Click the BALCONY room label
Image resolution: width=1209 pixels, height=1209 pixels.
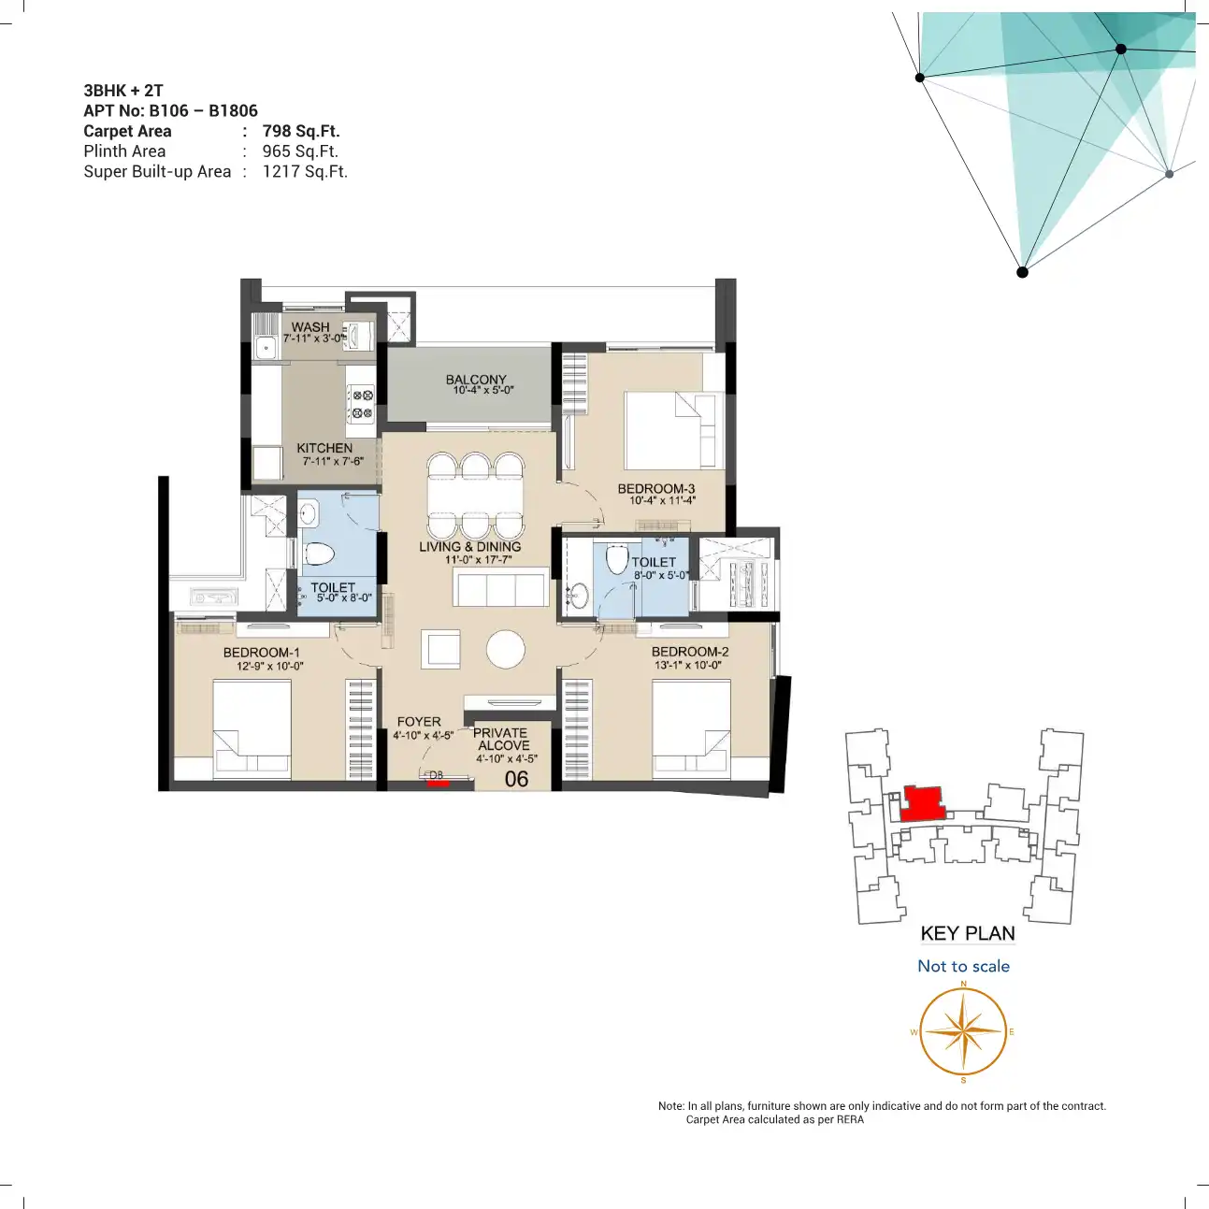(476, 380)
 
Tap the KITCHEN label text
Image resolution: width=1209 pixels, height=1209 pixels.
(324, 448)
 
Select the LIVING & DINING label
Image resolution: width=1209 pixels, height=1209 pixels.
(470, 546)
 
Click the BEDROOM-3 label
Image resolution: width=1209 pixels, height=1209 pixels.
(656, 488)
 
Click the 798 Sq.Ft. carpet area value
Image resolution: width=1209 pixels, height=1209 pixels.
(301, 131)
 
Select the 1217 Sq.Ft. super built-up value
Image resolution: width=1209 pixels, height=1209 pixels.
(305, 171)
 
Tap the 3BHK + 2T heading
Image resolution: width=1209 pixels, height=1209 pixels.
(123, 91)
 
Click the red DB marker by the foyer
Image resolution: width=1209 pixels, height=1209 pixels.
(438, 783)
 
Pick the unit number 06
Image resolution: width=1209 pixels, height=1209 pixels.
(516, 779)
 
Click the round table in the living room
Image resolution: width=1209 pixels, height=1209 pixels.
(506, 649)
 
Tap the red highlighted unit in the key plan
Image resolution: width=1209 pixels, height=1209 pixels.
(923, 803)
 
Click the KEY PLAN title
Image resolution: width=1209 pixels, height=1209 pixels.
(968, 933)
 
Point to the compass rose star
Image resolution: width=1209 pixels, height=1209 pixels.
(963, 1031)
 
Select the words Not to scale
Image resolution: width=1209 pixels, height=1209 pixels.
(964, 966)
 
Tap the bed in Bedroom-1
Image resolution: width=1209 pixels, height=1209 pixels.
(252, 729)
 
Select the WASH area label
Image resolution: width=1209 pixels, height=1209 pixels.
(310, 327)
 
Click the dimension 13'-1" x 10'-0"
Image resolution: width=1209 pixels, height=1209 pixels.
(689, 665)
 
